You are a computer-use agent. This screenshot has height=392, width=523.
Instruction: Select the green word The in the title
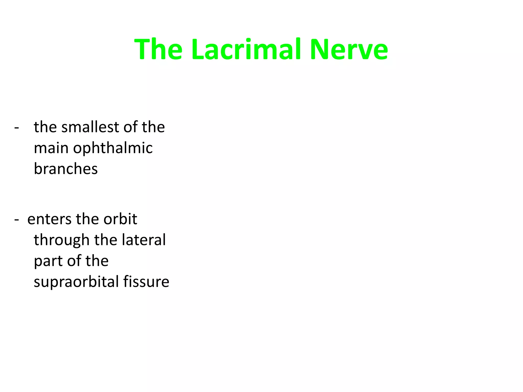[x=158, y=49]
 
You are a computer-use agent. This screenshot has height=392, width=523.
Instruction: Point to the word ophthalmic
[x=113, y=148]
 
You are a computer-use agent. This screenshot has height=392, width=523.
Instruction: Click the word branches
[x=66, y=169]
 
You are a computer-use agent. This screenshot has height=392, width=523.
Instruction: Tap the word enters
[x=49, y=219]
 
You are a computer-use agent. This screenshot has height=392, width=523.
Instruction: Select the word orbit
[x=120, y=219]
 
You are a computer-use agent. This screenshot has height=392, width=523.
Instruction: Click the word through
[x=61, y=240]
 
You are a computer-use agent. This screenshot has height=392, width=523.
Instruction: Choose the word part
[x=48, y=261]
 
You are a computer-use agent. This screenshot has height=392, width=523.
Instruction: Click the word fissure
[x=146, y=282]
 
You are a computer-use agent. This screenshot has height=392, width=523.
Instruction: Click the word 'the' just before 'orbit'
[x=87, y=219]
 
